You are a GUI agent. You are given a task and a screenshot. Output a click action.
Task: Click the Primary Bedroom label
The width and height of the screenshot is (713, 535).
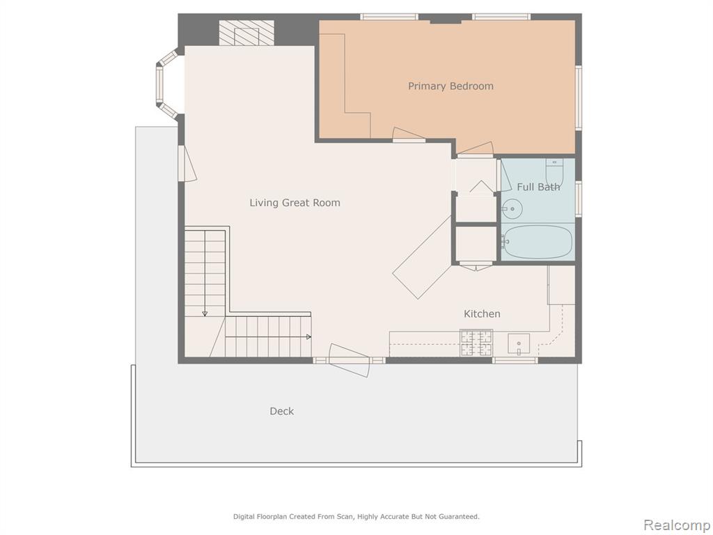tap(450, 86)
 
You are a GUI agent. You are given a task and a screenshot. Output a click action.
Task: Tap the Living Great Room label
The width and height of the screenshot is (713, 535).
tap(295, 203)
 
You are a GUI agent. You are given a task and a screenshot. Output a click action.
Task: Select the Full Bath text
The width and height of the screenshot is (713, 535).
tap(538, 187)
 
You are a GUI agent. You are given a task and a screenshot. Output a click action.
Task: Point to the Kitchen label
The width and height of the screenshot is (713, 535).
tap(482, 313)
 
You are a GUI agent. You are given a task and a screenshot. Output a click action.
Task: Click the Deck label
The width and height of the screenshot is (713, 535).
tap(281, 411)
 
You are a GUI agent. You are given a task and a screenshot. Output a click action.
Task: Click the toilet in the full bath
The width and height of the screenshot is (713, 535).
tap(554, 172)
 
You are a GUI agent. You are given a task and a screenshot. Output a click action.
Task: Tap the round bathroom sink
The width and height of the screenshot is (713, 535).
tap(512, 209)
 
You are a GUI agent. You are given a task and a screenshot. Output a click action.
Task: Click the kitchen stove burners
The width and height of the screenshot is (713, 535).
tap(476, 343)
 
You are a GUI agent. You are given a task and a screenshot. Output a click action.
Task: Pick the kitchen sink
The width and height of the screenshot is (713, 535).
tap(518, 344)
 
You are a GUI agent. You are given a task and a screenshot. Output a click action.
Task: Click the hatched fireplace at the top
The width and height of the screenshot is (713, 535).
tap(246, 33)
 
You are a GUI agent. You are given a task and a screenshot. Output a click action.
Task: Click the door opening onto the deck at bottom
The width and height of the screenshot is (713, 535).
tap(350, 360)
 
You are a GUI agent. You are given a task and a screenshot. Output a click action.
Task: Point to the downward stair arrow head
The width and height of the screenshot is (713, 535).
tap(205, 313)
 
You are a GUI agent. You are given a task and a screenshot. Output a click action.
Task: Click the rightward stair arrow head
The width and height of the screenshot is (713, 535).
tap(308, 337)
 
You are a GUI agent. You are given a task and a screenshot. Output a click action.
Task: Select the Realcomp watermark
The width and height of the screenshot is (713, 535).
tap(676, 525)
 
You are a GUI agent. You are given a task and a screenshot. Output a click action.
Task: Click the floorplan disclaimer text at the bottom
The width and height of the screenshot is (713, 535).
tap(356, 516)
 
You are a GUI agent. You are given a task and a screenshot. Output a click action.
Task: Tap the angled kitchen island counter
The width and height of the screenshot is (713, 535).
tap(422, 258)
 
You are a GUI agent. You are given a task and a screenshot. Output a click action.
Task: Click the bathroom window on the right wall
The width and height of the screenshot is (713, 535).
tap(579, 198)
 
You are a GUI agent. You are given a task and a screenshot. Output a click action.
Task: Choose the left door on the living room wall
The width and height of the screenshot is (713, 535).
tap(187, 164)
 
